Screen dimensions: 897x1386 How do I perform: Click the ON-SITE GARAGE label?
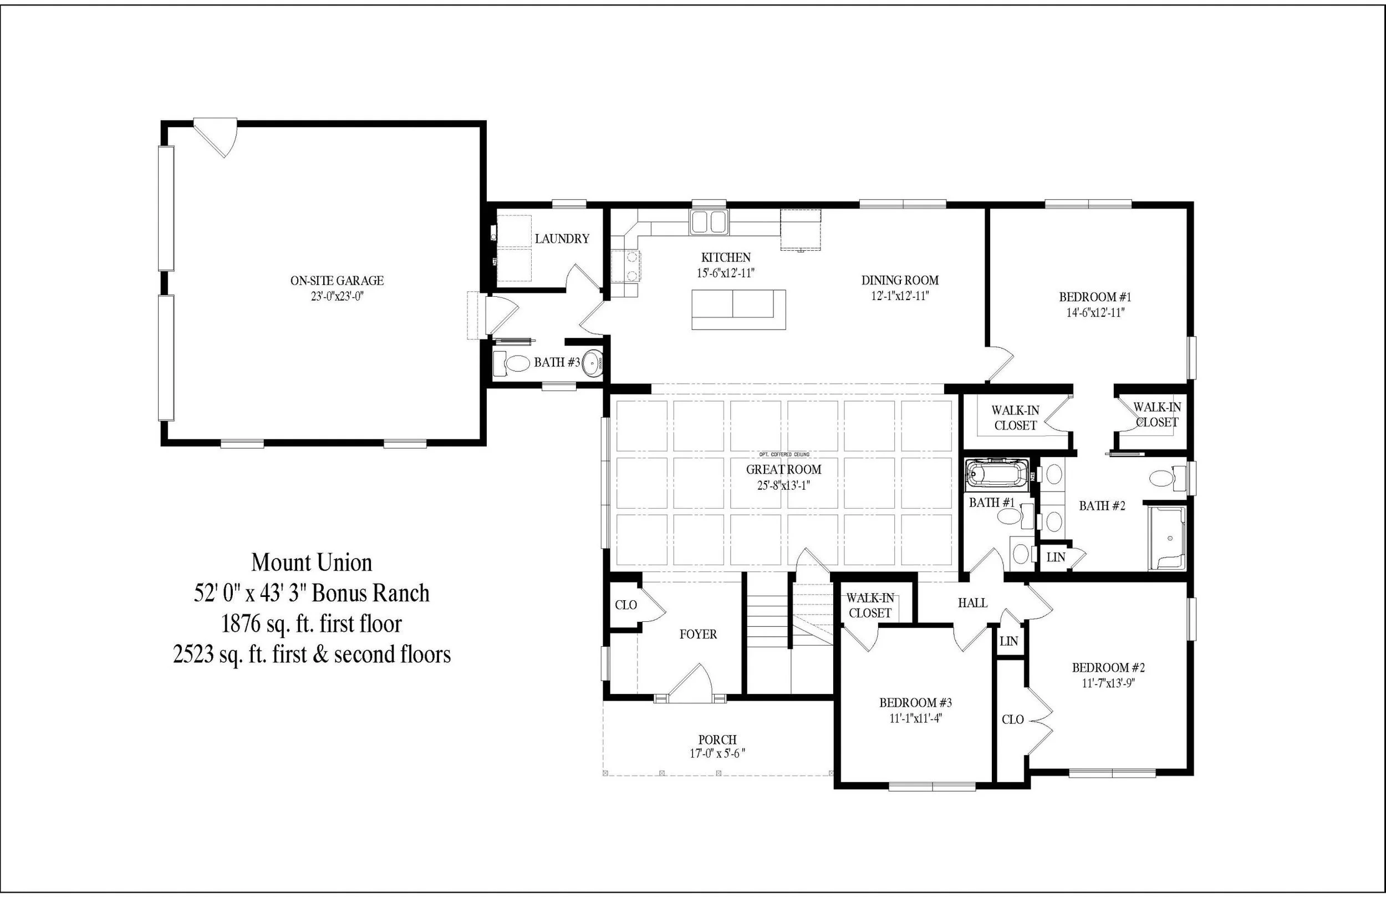click(x=337, y=281)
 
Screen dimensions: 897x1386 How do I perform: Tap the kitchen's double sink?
click(x=709, y=222)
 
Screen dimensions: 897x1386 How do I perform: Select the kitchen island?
click(x=738, y=310)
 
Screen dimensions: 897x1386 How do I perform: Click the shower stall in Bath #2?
click(x=1166, y=538)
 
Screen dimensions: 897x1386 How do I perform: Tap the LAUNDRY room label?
click(x=562, y=239)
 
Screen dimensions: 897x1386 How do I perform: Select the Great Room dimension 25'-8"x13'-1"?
click(x=783, y=485)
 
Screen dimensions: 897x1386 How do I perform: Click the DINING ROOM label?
click(x=899, y=281)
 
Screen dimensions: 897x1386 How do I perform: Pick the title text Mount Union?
click(x=312, y=562)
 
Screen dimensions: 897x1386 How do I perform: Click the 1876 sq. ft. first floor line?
click(x=312, y=625)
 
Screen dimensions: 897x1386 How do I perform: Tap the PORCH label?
click(x=717, y=740)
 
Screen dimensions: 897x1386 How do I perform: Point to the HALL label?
click(x=972, y=604)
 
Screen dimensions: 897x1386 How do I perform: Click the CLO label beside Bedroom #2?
click(x=1012, y=720)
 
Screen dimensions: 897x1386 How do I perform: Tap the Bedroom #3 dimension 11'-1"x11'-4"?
click(x=915, y=719)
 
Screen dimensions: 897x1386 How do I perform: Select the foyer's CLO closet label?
click(x=626, y=605)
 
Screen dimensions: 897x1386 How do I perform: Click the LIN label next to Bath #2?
click(x=1056, y=558)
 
